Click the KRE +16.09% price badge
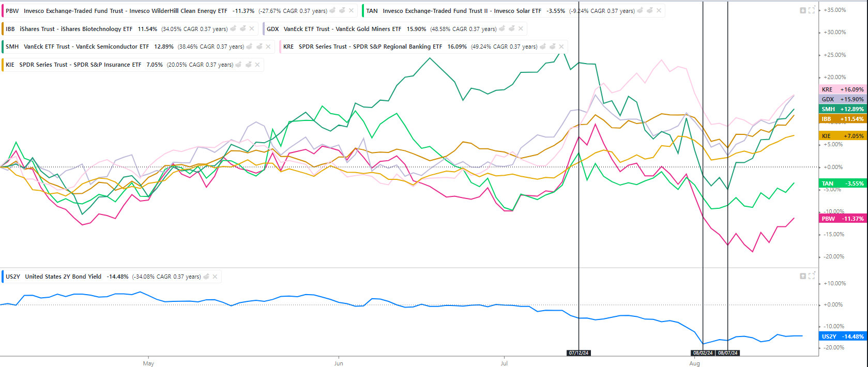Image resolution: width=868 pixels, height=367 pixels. (x=843, y=89)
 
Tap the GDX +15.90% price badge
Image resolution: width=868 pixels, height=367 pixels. (x=843, y=99)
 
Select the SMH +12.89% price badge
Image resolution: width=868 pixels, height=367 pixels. (x=843, y=109)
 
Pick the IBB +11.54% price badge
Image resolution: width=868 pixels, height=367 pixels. (x=843, y=119)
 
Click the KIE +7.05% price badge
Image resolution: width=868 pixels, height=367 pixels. (x=843, y=136)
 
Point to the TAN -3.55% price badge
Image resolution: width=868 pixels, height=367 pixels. (x=843, y=183)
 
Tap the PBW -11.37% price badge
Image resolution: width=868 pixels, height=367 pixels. (x=843, y=219)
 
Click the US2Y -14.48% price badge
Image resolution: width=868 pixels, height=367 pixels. (x=843, y=337)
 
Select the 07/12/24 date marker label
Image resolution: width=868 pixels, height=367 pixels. (x=578, y=353)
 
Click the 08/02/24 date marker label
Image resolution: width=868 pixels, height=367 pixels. (x=703, y=353)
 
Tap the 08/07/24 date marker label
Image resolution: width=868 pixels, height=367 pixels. (x=727, y=353)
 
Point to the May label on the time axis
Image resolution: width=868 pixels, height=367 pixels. (x=148, y=363)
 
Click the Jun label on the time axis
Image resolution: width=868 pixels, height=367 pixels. (x=339, y=363)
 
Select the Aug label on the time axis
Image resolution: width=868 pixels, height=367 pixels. (x=694, y=363)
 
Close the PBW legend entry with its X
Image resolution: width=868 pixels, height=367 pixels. (x=352, y=10)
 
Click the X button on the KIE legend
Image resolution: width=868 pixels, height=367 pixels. (x=257, y=65)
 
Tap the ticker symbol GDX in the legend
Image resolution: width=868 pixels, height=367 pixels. (x=272, y=29)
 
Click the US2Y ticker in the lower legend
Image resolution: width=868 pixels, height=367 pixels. (x=13, y=277)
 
